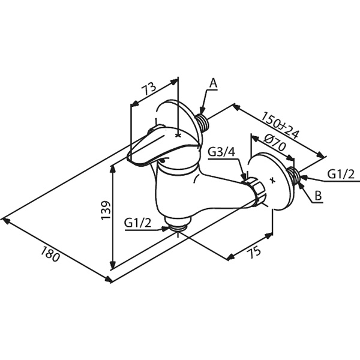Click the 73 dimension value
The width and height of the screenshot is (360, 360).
[x=148, y=88]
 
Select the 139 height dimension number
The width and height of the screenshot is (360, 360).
[x=106, y=211]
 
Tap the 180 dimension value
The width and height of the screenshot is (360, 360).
[x=50, y=254]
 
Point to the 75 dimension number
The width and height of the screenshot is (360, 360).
[x=254, y=252]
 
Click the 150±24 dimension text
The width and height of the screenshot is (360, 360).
[x=280, y=125]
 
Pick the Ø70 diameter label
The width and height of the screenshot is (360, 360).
[x=275, y=142]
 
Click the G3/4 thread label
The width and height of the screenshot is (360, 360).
[x=221, y=152]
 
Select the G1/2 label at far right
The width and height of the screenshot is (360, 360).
[x=341, y=174]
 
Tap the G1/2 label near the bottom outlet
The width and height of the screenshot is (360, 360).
[x=138, y=223]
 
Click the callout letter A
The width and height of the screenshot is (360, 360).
[x=214, y=83]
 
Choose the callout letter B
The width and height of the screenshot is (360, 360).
[x=318, y=196]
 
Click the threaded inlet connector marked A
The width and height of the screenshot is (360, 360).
[x=203, y=122]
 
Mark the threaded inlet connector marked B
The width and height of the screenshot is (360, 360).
[x=293, y=175]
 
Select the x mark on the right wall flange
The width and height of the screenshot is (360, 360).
[x=273, y=180]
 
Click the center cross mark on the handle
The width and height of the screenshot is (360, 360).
[x=178, y=136]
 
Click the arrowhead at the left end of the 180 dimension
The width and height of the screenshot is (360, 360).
[x=5, y=220]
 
